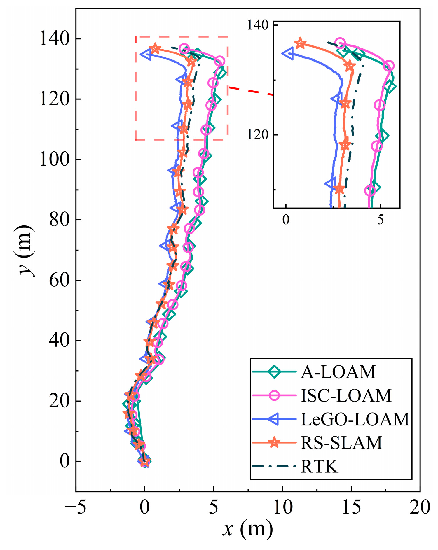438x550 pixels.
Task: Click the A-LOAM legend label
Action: (x=338, y=372)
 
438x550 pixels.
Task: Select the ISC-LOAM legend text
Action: (x=346, y=396)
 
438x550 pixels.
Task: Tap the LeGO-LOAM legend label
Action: (x=355, y=419)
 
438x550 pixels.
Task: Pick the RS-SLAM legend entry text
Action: (x=341, y=443)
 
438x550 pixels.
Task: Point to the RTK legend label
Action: (x=319, y=466)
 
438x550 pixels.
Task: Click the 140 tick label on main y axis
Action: (x=52, y=39)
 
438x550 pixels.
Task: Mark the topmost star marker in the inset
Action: (x=300, y=43)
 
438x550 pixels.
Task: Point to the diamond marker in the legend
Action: (x=274, y=372)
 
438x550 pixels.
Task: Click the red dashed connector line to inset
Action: (x=251, y=91)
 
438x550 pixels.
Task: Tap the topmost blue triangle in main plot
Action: (x=146, y=54)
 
